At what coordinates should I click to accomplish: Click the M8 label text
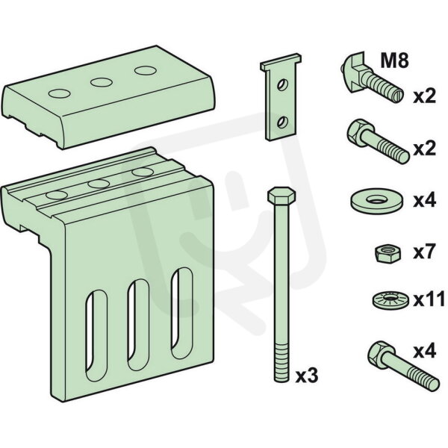point(394,61)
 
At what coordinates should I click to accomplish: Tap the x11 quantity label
point(429,299)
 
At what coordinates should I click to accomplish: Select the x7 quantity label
point(424,252)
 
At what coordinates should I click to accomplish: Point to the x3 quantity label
point(307,376)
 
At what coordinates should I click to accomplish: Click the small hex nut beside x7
point(388,253)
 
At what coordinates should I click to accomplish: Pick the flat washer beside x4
point(376,201)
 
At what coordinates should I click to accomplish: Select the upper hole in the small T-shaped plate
point(283,85)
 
